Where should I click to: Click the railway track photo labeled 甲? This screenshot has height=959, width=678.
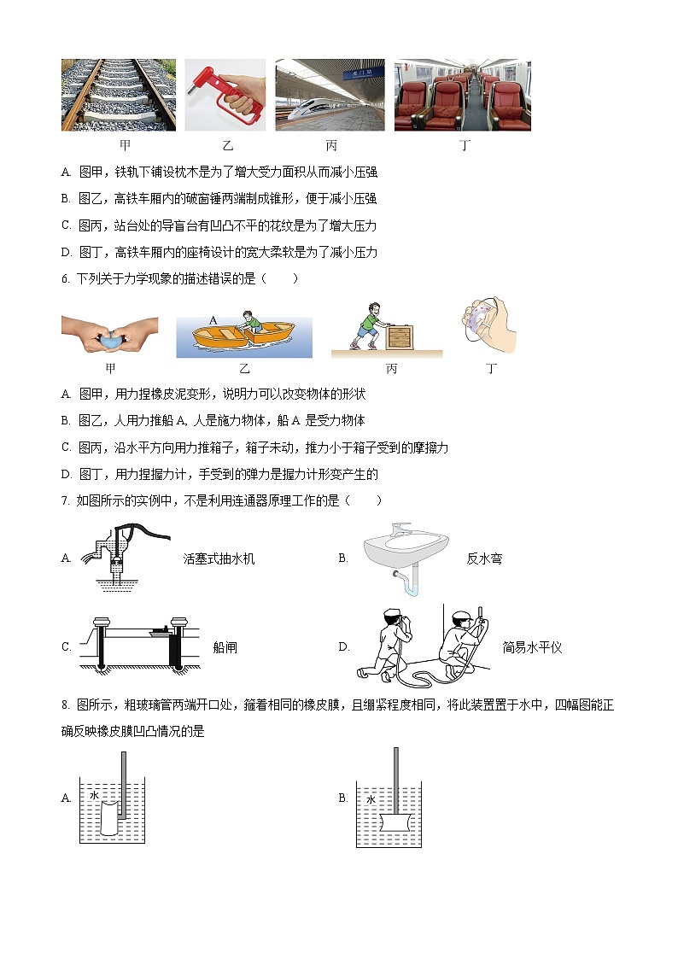(119, 94)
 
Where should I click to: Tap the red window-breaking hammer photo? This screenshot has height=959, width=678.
(225, 94)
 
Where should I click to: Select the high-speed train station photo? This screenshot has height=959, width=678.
(330, 94)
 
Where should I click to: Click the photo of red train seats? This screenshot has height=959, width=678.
(462, 94)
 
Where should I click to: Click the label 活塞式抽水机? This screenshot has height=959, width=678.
(219, 559)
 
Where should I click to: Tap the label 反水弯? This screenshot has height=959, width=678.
(484, 559)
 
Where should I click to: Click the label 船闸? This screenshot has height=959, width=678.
(225, 648)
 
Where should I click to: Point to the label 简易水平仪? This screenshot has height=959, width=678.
(533, 648)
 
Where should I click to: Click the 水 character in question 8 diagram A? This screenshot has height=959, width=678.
(95, 795)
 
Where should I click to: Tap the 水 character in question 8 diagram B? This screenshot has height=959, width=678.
(371, 800)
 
